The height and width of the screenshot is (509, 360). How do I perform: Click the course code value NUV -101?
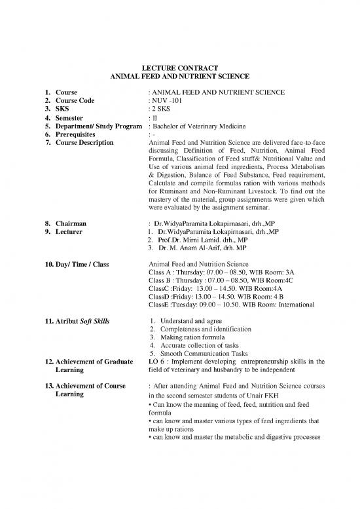tap(171, 102)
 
